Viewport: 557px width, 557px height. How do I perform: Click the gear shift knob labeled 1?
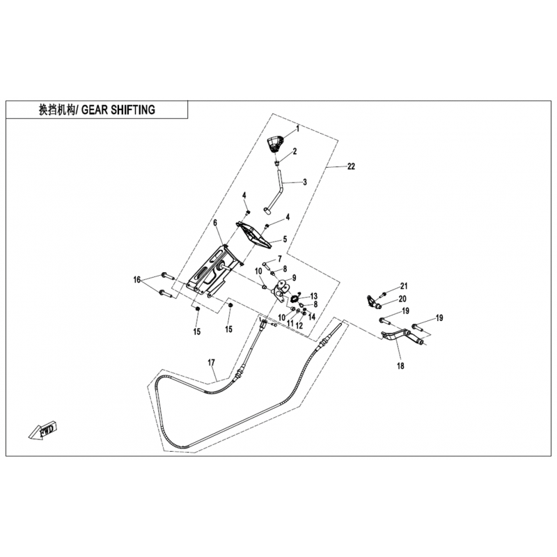coord(275,144)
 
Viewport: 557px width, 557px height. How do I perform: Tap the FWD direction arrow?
coord(43,430)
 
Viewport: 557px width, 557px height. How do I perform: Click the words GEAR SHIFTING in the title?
coord(118,110)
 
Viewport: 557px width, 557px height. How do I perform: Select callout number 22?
coord(351,166)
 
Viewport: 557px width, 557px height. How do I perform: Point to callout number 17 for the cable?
coord(212,363)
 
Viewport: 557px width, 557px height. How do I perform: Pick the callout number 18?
coord(400,366)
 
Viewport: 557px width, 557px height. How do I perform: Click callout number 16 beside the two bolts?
coord(137,280)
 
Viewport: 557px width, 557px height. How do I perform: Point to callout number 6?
coord(215,223)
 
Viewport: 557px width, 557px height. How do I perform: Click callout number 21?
coord(404,286)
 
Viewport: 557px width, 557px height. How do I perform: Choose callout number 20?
coord(402,299)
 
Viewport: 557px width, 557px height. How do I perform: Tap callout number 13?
coord(314,296)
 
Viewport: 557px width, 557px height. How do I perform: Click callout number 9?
coord(294,277)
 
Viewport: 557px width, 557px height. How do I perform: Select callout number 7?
coord(280,258)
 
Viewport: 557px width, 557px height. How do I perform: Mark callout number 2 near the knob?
coord(295,151)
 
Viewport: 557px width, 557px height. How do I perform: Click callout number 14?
coord(311,317)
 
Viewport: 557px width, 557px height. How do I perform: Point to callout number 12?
coord(299,325)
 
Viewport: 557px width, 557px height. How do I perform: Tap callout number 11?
coord(290,324)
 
